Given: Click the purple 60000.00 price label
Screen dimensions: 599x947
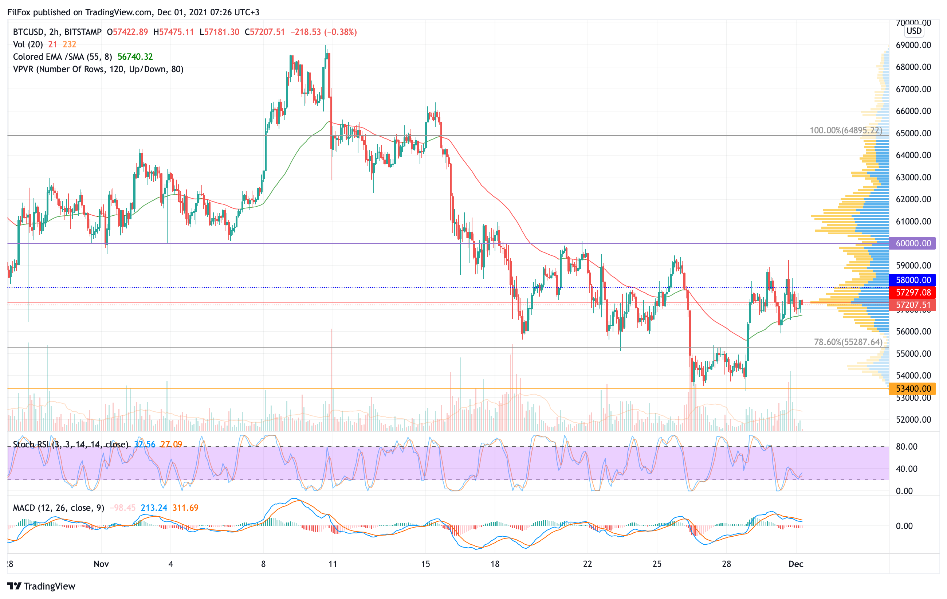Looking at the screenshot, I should pyautogui.click(x=912, y=243).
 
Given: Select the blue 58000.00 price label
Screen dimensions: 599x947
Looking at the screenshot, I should pyautogui.click(x=912, y=280).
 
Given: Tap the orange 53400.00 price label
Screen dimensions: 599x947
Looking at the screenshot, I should pyautogui.click(x=912, y=388).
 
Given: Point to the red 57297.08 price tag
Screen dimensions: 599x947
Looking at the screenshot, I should pyautogui.click(x=912, y=292).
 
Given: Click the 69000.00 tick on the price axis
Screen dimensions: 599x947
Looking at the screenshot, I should pyautogui.click(x=913, y=45).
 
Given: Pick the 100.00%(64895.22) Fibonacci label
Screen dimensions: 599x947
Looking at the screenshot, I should pyautogui.click(x=845, y=130).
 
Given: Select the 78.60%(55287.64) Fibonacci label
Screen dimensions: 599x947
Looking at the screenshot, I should pyautogui.click(x=848, y=342).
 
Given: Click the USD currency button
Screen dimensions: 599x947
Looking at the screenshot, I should pyautogui.click(x=913, y=31).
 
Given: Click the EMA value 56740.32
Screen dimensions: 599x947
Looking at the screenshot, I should pyautogui.click(x=135, y=56).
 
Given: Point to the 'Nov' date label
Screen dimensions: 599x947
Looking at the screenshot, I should pyautogui.click(x=101, y=564).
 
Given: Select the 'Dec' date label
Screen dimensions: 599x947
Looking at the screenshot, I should pyautogui.click(x=795, y=564).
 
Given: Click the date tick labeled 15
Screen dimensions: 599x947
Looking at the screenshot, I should pyautogui.click(x=425, y=564).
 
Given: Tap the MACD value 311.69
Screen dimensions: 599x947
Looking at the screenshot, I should pyautogui.click(x=185, y=508).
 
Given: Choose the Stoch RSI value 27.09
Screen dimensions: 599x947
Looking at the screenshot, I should pyautogui.click(x=171, y=445).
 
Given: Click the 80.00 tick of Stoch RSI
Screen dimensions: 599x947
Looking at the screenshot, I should pyautogui.click(x=906, y=446).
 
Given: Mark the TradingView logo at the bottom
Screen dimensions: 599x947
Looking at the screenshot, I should pyautogui.click(x=41, y=586).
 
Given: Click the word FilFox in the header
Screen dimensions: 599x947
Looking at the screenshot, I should pyautogui.click(x=19, y=12).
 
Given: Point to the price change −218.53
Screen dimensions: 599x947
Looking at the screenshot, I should pyautogui.click(x=306, y=32).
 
